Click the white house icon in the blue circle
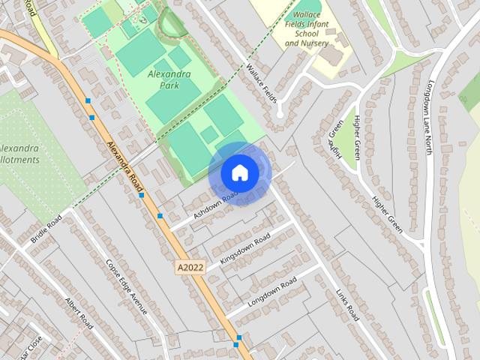tap(240, 172)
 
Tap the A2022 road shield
tap(190, 267)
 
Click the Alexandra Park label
tap(169, 79)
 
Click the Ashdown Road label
tap(215, 203)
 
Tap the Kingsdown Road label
tap(244, 250)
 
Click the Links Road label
tap(348, 306)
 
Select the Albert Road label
tap(78, 313)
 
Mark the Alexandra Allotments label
tap(19, 154)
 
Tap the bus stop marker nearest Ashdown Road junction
tap(160, 216)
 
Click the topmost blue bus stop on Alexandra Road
tap(88, 100)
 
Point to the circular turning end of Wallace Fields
tap(280, 115)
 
